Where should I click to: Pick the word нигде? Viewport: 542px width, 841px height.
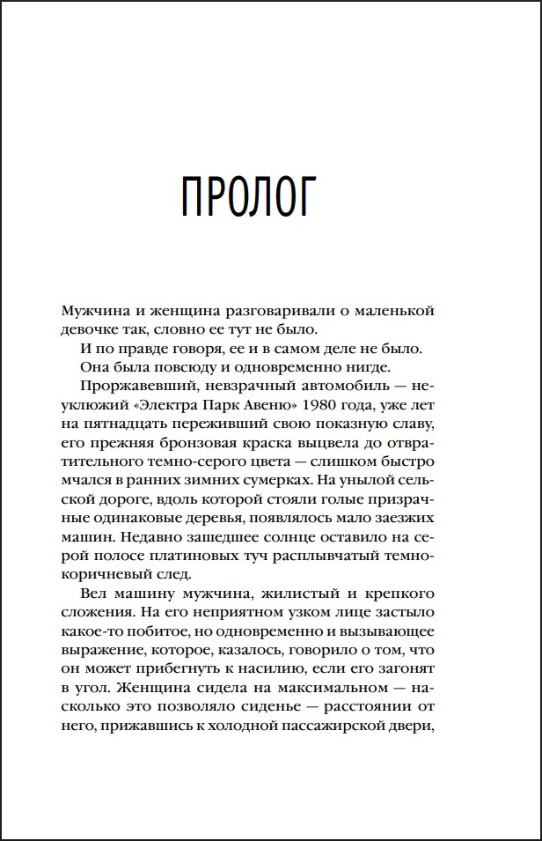[380, 367]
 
